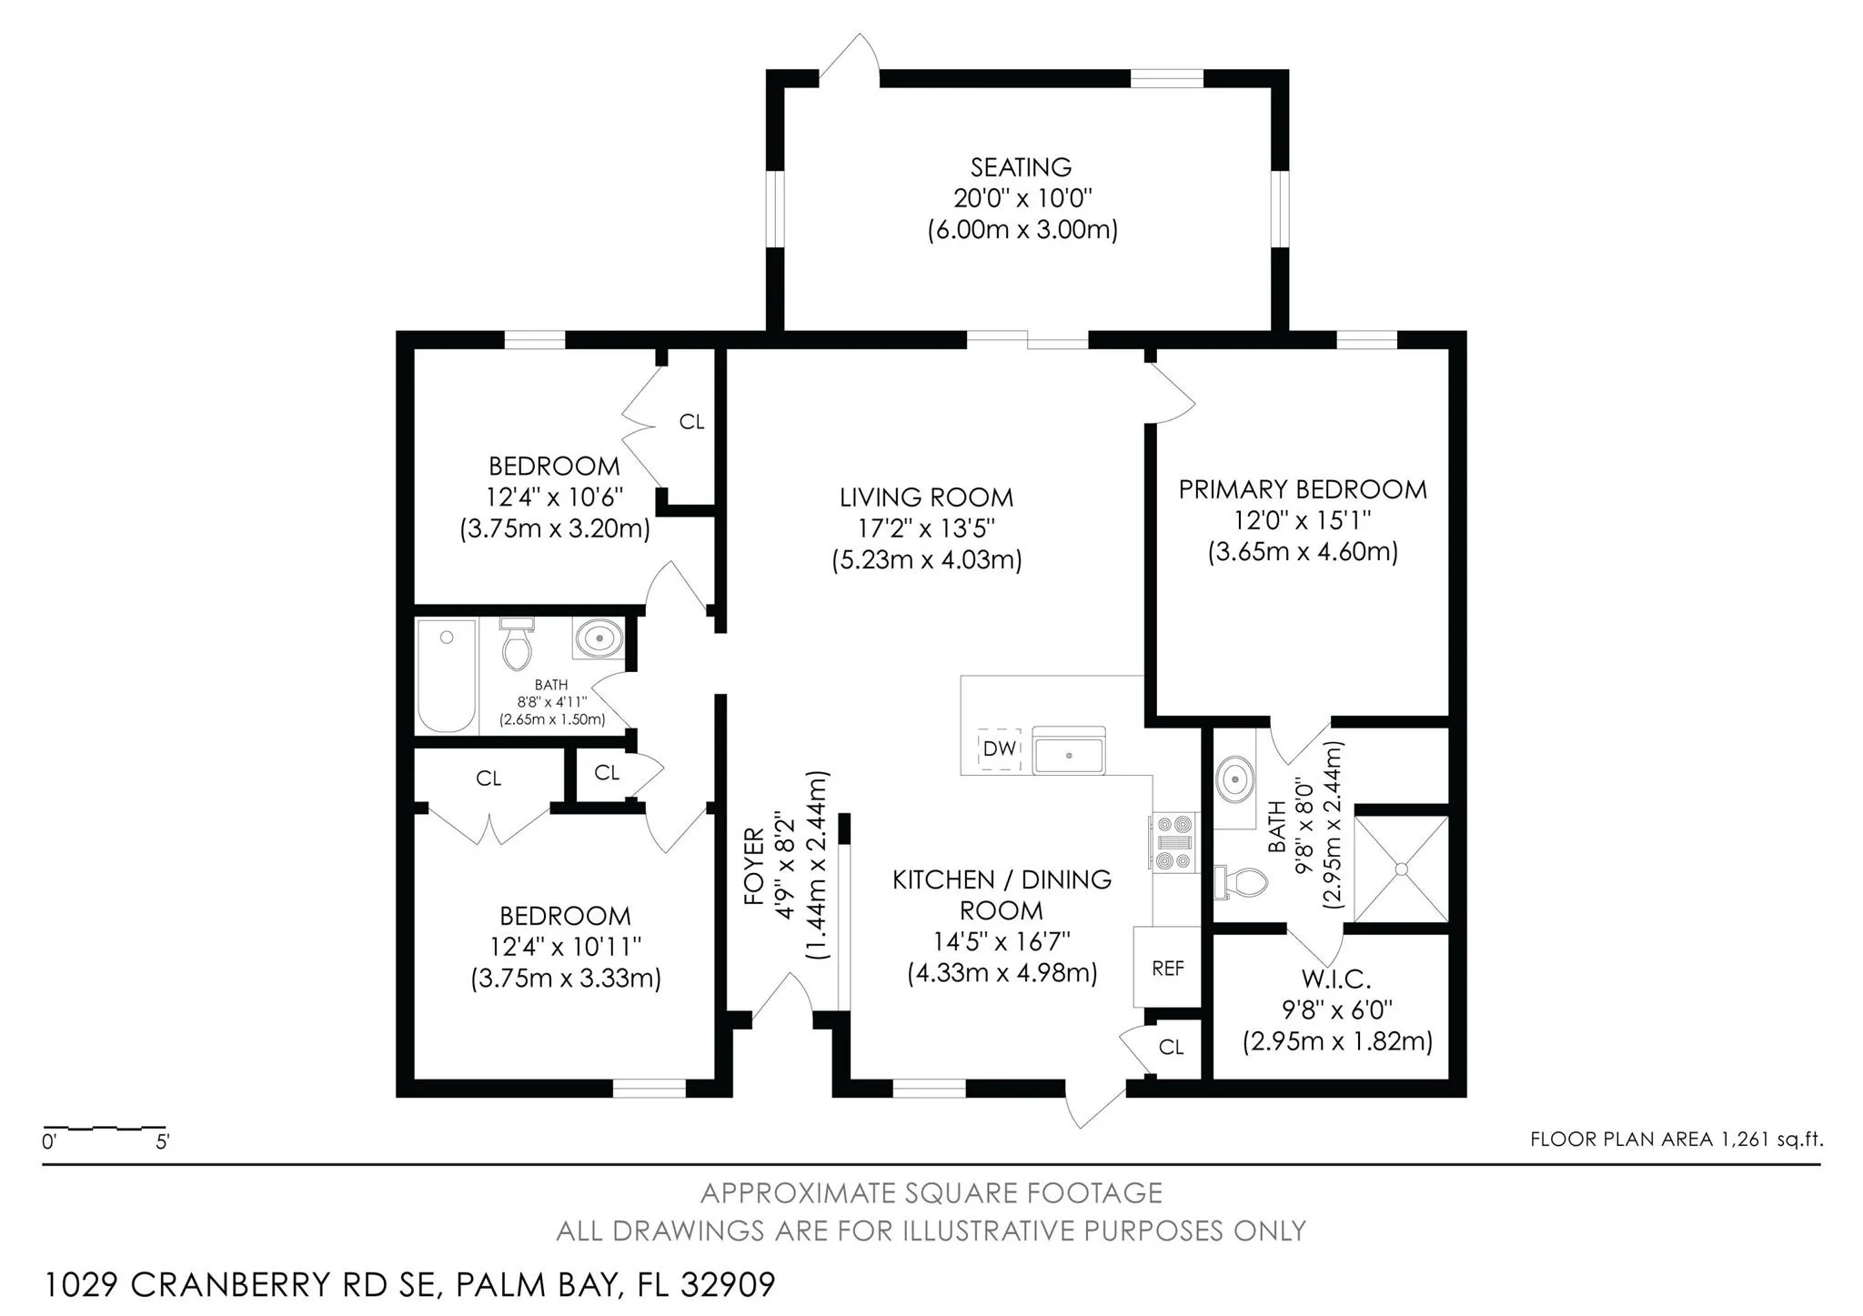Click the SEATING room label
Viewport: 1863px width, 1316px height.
pos(1021,167)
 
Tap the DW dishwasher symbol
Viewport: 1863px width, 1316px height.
pos(999,748)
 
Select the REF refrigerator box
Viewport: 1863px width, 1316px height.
pos(1167,968)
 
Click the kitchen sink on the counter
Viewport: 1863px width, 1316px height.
pos(1069,750)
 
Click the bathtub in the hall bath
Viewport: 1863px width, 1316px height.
pos(447,676)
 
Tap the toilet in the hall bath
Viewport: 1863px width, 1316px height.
pos(517,642)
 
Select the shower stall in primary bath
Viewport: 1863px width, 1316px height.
pos(1401,869)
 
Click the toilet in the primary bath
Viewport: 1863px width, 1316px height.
pos(1241,881)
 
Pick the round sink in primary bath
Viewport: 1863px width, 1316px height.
pos(1234,779)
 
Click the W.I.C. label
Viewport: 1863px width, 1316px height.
pos(1335,979)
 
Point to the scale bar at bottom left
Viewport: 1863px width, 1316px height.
pos(105,1128)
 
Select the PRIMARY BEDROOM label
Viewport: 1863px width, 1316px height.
pos(1303,489)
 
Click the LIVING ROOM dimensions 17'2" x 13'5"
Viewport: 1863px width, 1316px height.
pos(926,528)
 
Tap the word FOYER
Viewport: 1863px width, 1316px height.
pos(754,866)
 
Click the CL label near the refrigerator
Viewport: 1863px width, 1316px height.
pos(1171,1047)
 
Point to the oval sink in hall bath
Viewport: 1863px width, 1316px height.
pos(599,638)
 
